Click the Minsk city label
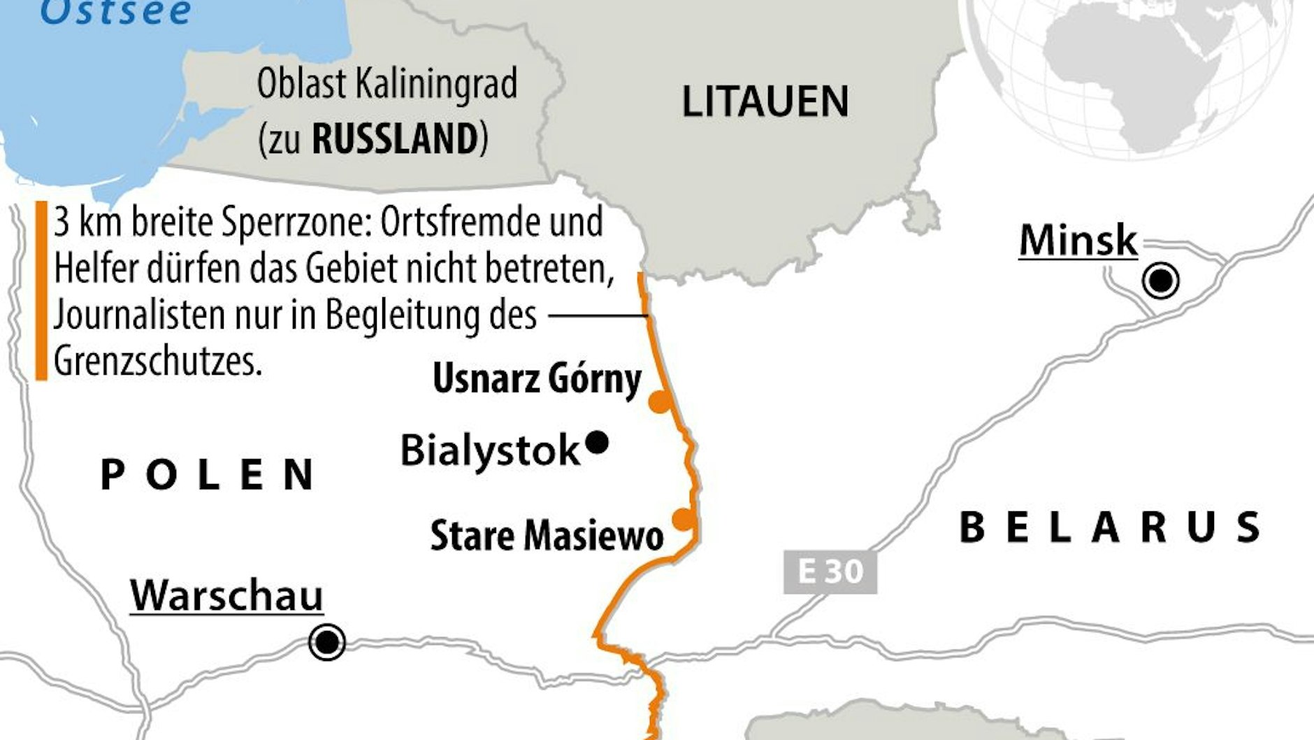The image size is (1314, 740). point(1078,241)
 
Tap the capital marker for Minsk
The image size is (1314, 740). point(1161,281)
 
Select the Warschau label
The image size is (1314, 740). point(226,597)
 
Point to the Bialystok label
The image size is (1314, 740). point(490,450)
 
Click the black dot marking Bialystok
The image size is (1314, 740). point(597,442)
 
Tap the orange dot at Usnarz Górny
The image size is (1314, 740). point(658,402)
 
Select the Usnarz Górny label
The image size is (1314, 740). point(537,380)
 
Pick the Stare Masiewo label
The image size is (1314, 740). point(547,536)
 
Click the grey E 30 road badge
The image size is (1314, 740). point(830,572)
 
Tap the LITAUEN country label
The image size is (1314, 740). point(765,102)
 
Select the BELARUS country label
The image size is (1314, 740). point(1110,527)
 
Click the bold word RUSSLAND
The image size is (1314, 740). point(395,138)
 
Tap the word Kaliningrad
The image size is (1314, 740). point(436,84)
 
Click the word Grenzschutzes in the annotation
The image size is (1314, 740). point(158,361)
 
